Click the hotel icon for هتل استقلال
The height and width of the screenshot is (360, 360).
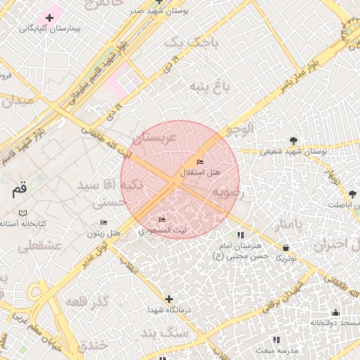coord(200,162)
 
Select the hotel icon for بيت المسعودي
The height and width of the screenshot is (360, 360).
coord(162,220)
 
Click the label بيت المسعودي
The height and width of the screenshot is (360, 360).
coord(162,230)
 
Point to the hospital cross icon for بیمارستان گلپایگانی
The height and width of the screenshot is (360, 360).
coord(49,17)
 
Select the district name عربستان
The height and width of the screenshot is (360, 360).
coord(162,136)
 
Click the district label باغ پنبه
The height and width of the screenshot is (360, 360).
coord(209,86)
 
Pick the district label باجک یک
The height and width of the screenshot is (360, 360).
coord(182,44)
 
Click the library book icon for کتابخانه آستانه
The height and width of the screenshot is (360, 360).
coord(23,213)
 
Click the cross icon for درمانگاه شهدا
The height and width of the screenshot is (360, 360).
coord(168,300)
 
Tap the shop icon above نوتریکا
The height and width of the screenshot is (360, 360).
coord(285,247)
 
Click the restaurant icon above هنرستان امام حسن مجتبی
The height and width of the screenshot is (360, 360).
coord(240,235)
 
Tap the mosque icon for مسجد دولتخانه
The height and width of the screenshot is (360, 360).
coord(335,313)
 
